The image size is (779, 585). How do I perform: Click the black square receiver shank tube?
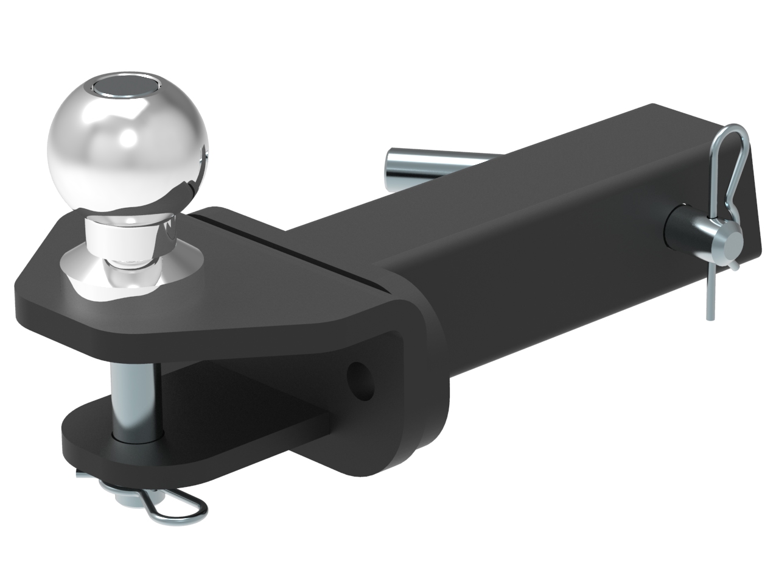click(517, 256)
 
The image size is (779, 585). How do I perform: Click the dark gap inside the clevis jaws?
click(243, 390)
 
